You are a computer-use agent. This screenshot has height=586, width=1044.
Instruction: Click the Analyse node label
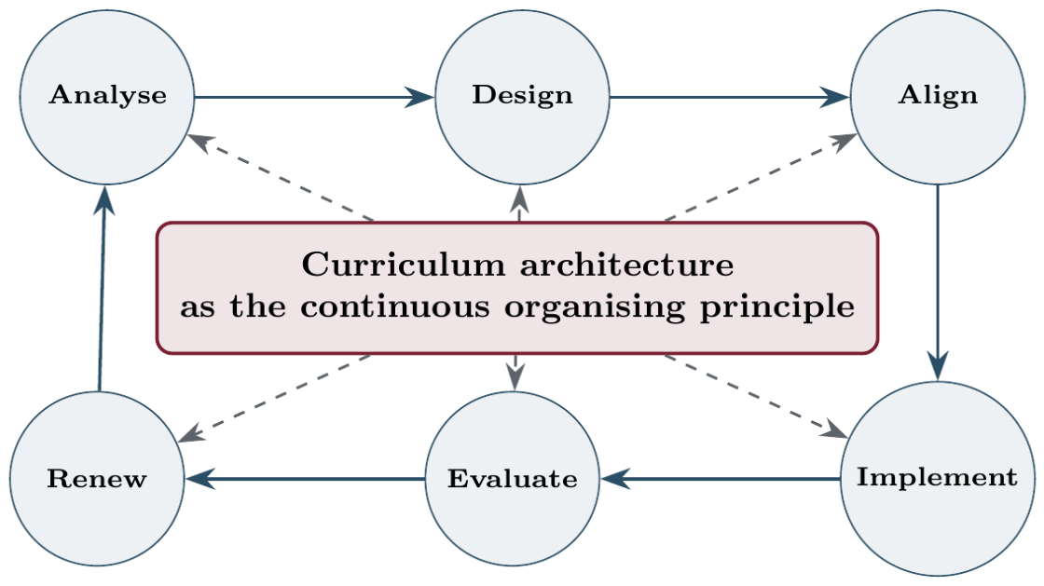(108, 95)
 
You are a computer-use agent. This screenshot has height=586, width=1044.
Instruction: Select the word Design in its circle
(523, 96)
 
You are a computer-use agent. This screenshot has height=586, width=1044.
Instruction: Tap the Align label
(938, 96)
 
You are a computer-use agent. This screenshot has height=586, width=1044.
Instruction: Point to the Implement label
(937, 478)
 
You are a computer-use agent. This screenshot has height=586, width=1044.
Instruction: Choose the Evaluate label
(512, 479)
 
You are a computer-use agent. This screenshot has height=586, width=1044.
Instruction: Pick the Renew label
(97, 479)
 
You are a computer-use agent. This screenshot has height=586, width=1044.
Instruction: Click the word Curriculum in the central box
(404, 265)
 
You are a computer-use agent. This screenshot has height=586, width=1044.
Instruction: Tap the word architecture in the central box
(626, 266)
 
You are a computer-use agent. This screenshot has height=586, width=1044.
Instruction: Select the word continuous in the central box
(395, 307)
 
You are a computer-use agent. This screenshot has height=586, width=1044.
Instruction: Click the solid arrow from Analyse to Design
(314, 97)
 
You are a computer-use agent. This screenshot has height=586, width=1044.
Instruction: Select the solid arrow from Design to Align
(730, 97)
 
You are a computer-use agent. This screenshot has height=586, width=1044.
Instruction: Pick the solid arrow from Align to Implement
(938, 282)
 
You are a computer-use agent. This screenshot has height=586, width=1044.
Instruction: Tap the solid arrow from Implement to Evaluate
(720, 478)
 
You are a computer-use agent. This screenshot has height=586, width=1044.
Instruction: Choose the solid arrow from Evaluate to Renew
(305, 478)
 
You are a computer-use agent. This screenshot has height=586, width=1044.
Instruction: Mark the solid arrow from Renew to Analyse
(102, 288)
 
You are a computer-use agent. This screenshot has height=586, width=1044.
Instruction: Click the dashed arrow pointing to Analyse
(281, 177)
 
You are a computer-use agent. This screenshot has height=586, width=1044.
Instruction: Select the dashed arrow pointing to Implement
(756, 397)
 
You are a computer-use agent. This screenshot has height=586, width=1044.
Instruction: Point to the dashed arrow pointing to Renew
(274, 399)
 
